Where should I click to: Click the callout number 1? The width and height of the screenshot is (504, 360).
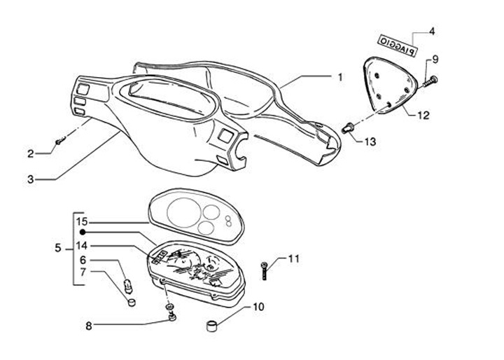coord(340,77)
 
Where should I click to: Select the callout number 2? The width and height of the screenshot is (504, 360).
coord(31,153)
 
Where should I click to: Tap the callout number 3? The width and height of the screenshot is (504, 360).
coord(31,179)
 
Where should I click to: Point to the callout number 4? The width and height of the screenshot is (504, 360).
coord(432,32)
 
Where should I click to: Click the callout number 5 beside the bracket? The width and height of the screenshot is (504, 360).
coord(58,248)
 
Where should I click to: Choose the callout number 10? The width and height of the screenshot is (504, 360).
coord(258,307)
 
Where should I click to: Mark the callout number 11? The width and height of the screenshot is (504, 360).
coord(293,259)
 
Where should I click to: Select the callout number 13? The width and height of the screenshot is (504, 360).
coord(370,141)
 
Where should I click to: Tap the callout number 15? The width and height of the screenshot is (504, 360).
coord(82,221)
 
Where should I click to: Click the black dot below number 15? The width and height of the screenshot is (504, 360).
coord(82,232)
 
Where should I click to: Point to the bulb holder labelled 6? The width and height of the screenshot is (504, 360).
coord(127,285)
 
